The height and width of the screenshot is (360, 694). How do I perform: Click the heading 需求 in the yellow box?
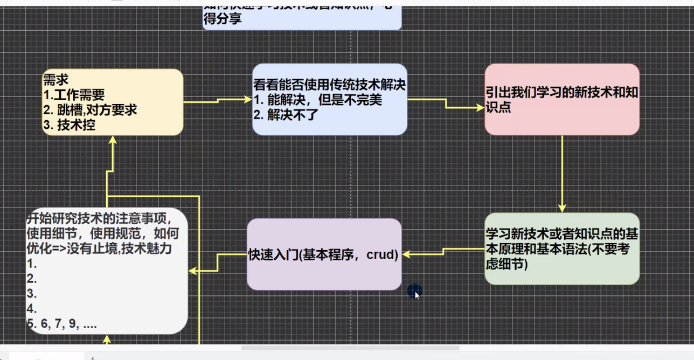coord(56,81)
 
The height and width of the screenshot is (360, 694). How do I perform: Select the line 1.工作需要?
coord(74,95)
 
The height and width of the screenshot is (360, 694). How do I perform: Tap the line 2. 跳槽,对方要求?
coord(90,110)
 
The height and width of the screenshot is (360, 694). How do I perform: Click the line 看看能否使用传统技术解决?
coord(329,85)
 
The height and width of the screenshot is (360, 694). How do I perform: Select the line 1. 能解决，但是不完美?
coord(318,100)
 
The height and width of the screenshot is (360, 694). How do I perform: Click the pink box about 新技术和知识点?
coord(561,99)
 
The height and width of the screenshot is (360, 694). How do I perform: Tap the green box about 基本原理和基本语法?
coord(561,248)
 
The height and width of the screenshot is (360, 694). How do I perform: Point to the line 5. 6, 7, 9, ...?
coord(62,324)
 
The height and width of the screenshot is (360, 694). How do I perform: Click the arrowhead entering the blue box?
coord(248,99)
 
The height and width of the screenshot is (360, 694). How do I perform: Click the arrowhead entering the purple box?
coord(406,254)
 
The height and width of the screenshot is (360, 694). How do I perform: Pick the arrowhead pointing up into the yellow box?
coord(113,140)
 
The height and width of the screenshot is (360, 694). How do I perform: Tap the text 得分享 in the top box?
coord(222,19)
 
